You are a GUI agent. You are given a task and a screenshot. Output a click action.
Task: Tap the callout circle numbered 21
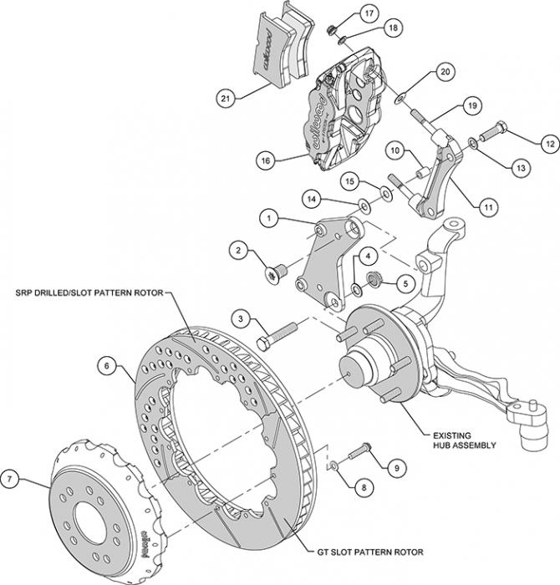coord(225,99)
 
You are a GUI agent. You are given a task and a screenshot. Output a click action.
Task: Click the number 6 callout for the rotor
coord(108,364)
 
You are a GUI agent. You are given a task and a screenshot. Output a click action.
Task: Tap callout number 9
coord(396,467)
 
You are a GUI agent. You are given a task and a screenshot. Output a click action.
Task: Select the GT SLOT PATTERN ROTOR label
coord(369,552)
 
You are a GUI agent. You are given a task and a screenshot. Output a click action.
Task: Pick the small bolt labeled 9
coord(361,451)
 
